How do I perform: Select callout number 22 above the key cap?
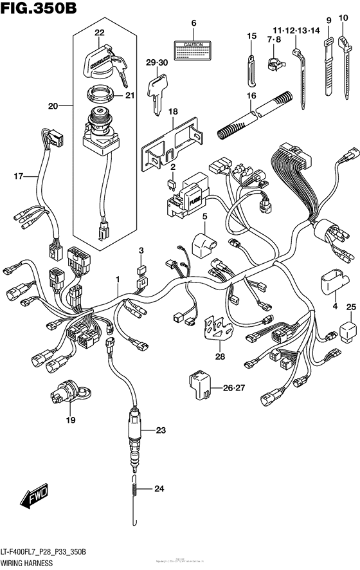coord(99,32)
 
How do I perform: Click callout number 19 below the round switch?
coord(69,421)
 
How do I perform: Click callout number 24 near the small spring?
coord(159,490)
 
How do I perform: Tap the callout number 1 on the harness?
coord(118,279)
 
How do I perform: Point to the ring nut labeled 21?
coord(100,96)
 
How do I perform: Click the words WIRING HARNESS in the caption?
coord(29,562)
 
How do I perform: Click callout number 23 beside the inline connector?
coord(160,430)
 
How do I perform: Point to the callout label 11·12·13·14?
coord(295,30)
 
